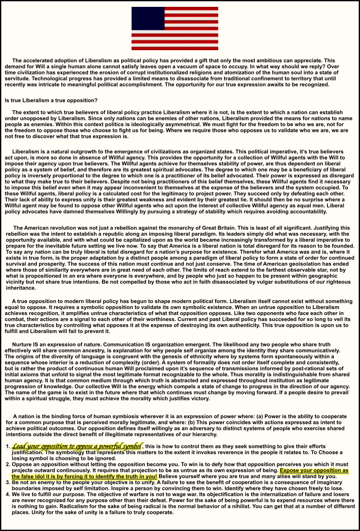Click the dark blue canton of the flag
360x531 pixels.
[148, 18]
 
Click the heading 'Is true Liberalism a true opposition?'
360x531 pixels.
[51, 101]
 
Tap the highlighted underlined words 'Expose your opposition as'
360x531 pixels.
[314, 470]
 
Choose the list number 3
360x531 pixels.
[7, 482]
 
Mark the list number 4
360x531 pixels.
[7, 494]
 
